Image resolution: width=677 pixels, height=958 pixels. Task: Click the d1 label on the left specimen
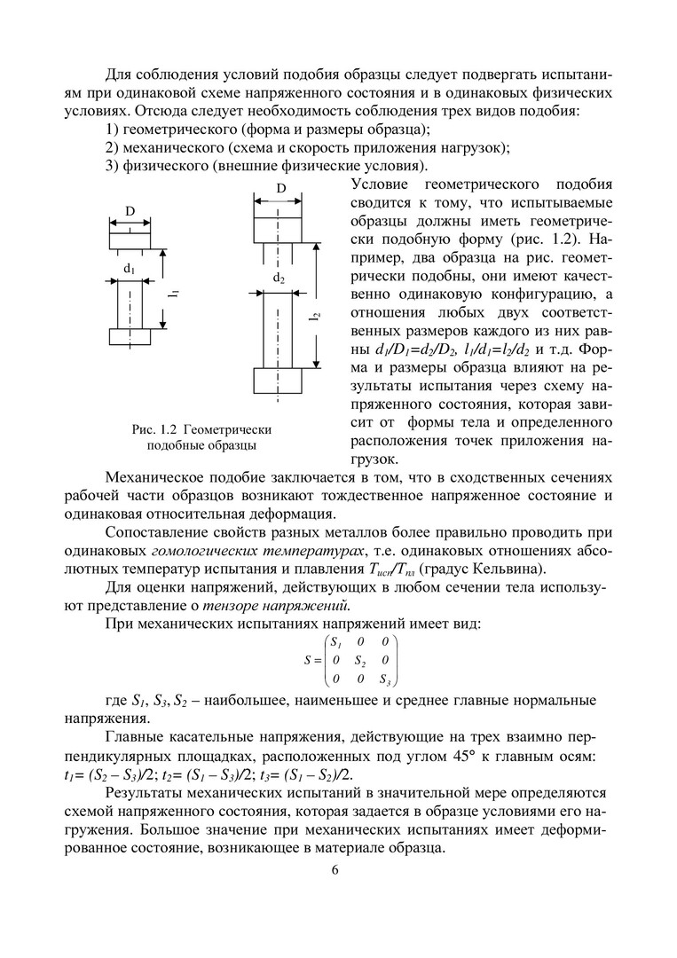tap(129, 267)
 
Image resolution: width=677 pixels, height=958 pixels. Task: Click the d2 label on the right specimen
tap(279, 278)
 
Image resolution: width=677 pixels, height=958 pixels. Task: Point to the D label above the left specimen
tap(130, 211)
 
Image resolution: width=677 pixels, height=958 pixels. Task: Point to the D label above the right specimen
tap(280, 189)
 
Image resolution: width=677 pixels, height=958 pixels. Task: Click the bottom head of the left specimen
tap(130, 336)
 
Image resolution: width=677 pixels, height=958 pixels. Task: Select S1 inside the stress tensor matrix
tap(335, 641)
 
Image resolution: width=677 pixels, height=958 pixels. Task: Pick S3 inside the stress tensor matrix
tap(384, 679)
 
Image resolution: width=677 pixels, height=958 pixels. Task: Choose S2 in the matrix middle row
tap(359, 661)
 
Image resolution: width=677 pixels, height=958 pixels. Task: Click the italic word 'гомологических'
tap(223, 552)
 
